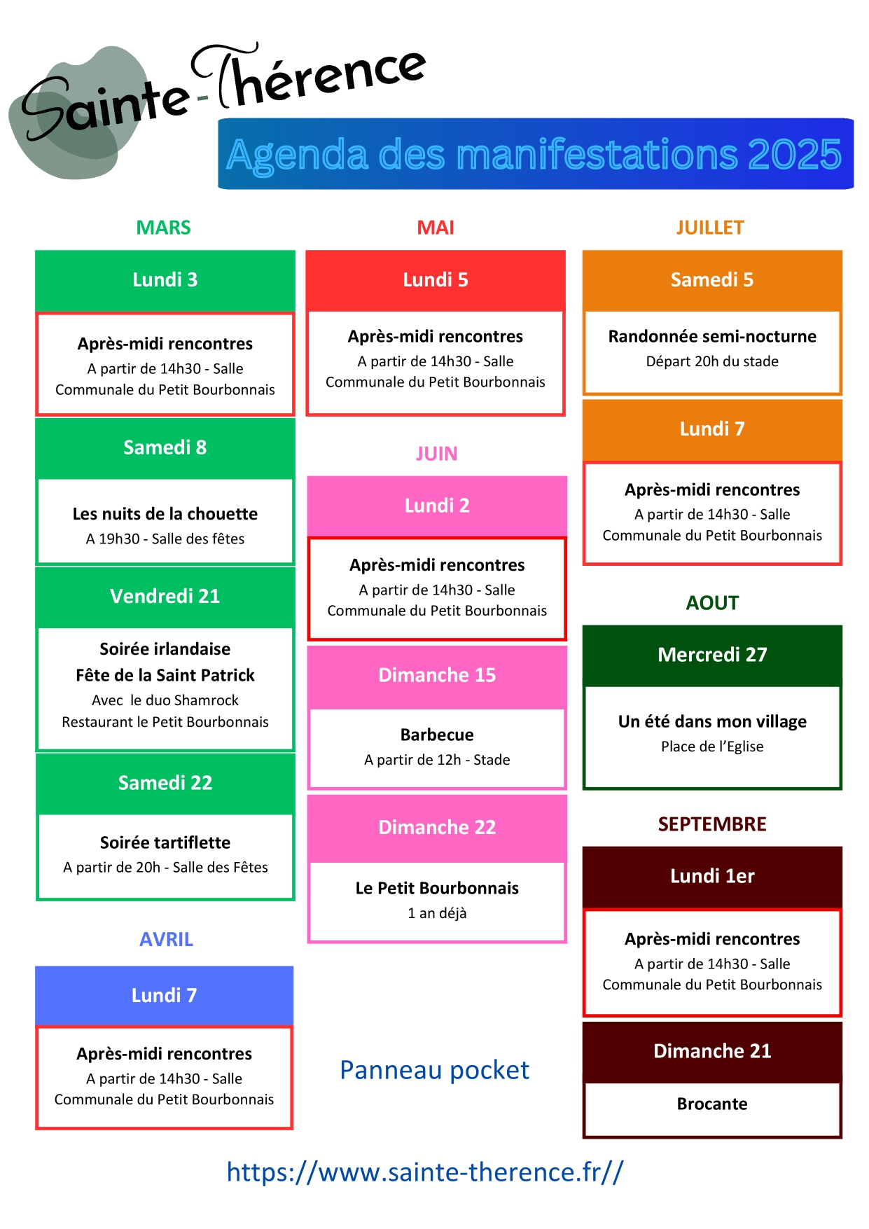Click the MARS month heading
click(x=163, y=228)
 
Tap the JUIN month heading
click(x=436, y=454)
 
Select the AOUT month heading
click(x=712, y=603)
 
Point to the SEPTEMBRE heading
click(x=712, y=824)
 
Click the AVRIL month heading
click(x=166, y=940)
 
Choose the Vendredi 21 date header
click(x=165, y=596)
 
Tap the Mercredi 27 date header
click(x=712, y=655)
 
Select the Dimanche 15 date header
click(x=437, y=675)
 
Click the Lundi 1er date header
click(x=712, y=876)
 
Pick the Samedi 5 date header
click(x=712, y=280)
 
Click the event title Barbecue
click(x=437, y=735)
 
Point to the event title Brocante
click(x=712, y=1104)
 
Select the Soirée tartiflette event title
click(x=165, y=842)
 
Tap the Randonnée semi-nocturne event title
click(x=712, y=336)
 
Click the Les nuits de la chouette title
click(x=165, y=514)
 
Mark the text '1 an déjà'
click(x=437, y=913)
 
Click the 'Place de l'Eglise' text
click(x=712, y=747)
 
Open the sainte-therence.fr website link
click(x=425, y=1172)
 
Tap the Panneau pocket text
click(x=434, y=1070)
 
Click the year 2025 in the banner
click(x=794, y=154)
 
